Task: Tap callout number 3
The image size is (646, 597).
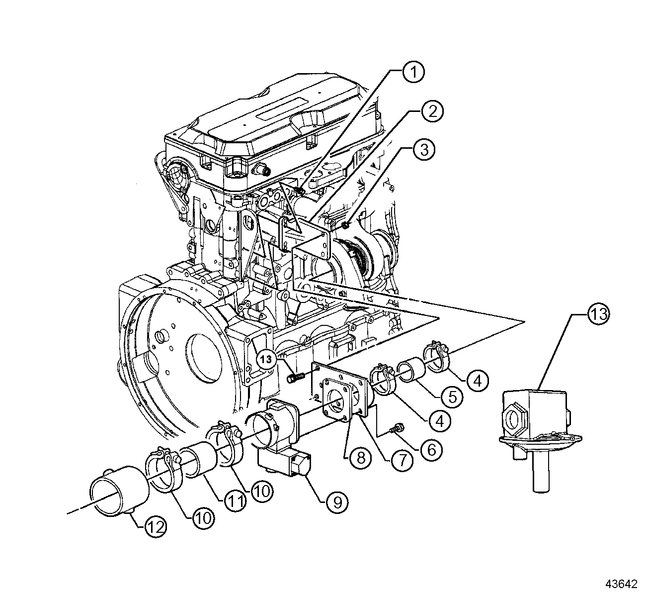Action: tap(423, 151)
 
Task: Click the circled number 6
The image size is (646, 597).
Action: tap(430, 449)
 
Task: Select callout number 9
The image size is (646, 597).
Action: tap(337, 502)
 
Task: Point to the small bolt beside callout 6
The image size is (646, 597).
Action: tap(397, 427)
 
